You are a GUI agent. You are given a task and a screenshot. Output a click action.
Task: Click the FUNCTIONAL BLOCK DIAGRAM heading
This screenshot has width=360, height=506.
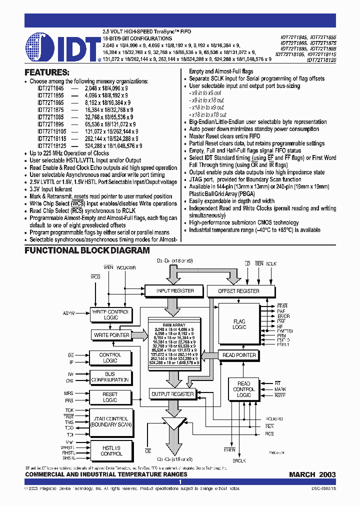coord(87,250)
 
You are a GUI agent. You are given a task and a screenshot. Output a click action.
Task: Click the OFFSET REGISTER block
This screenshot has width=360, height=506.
coord(239,290)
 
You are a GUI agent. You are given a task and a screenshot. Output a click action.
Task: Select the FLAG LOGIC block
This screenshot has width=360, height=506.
coord(239,323)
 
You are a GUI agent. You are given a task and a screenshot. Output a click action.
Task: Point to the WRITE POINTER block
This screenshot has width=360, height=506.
coord(111,335)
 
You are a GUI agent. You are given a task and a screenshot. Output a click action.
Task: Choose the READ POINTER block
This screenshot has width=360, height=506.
coord(239,355)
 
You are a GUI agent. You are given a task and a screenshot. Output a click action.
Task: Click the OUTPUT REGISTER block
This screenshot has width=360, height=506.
coord(172,394)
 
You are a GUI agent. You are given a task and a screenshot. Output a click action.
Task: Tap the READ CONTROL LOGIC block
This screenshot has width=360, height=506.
coord(243,389)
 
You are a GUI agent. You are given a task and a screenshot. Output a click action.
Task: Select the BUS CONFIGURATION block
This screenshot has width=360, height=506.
coord(110,376)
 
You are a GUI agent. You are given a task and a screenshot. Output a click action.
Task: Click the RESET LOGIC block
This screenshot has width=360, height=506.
coord(110,397)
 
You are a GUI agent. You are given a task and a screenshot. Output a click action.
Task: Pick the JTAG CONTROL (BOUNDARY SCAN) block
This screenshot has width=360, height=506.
coord(110,421)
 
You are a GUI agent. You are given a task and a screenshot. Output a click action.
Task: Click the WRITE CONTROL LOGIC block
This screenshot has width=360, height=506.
coord(111,314)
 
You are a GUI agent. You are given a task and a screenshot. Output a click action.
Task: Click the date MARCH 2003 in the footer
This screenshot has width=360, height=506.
coord(312,474)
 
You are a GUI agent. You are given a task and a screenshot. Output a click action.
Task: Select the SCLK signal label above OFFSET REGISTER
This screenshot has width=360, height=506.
coord(271,263)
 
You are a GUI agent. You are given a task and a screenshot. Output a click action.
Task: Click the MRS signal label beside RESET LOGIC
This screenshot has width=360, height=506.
coord(68,393)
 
